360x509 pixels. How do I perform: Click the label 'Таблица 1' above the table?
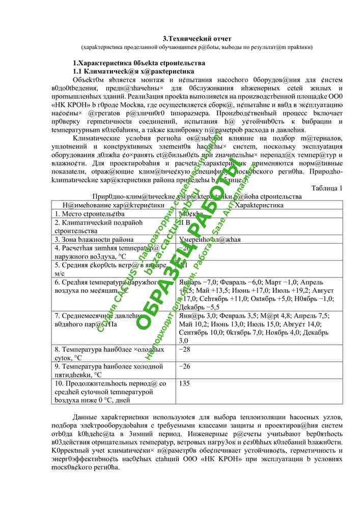pyautogui.click(x=326, y=188)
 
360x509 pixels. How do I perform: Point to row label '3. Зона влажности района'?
pyautogui.click(x=94, y=239)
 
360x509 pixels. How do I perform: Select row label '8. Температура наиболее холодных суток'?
pyautogui.click(x=109, y=354)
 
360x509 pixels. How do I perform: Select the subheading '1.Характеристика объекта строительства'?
pyautogui.click(x=139, y=63)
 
